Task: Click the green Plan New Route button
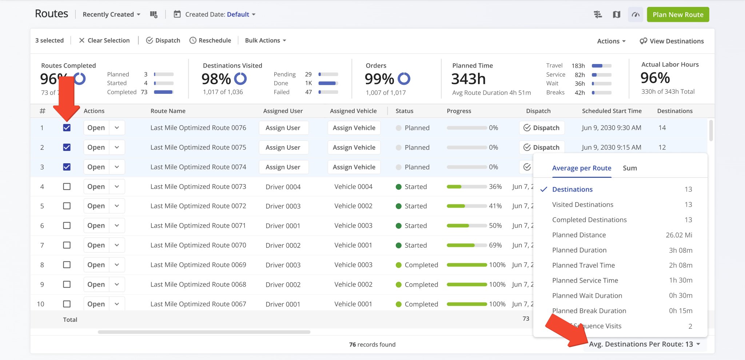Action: tap(678, 15)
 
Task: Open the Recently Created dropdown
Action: tap(111, 15)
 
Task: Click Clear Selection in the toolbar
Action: tap(104, 40)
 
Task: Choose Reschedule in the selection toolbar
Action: tap(210, 40)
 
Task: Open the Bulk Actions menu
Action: tap(265, 40)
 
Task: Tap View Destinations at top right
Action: tap(672, 41)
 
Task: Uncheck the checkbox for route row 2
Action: tap(67, 147)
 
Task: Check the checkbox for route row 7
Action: tap(67, 245)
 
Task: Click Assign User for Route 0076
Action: tap(283, 128)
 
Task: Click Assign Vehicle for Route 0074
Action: tap(354, 167)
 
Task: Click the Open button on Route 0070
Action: tap(96, 245)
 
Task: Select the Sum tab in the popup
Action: tap(630, 168)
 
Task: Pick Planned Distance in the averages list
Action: tap(579, 235)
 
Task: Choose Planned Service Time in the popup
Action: tap(585, 280)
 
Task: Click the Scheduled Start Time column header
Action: tap(611, 111)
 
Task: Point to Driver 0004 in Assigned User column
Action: tap(283, 187)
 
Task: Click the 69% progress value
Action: tap(495, 245)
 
